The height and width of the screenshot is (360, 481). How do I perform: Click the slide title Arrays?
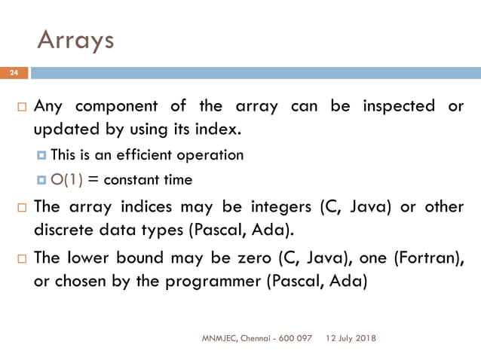pyautogui.click(x=75, y=39)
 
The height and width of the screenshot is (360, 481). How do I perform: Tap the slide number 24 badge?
pyautogui.click(x=13, y=73)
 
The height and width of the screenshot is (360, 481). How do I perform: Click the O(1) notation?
pyautogui.click(x=68, y=179)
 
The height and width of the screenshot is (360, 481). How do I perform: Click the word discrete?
pyautogui.click(x=67, y=229)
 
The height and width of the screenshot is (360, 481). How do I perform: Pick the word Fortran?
pyautogui.click(x=426, y=257)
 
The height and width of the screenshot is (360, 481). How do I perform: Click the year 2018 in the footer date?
pyautogui.click(x=364, y=338)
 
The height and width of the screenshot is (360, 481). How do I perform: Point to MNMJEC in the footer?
pyautogui.click(x=219, y=338)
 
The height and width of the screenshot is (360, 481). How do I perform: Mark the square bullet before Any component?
pyautogui.click(x=23, y=106)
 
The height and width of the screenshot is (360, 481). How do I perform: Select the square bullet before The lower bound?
pyautogui.click(x=23, y=258)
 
